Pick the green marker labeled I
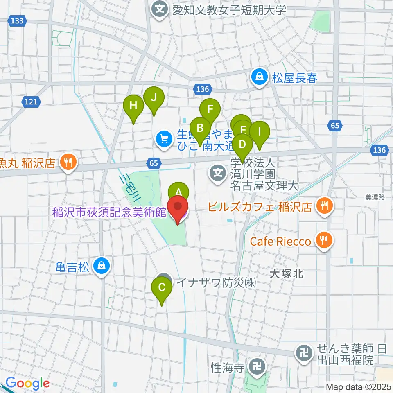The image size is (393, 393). (260, 132)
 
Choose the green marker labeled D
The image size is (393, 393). (242, 145)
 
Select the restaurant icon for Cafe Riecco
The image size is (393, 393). (323, 241)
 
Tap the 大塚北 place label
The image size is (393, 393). (286, 274)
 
